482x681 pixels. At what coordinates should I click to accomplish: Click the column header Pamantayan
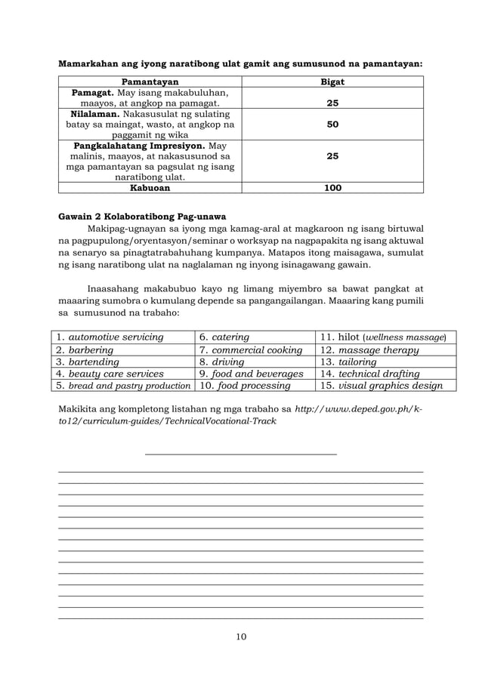click(150, 82)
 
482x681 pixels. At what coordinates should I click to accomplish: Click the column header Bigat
click(332, 82)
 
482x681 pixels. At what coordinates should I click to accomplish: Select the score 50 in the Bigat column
click(332, 124)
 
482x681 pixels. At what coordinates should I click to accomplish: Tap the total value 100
click(332, 188)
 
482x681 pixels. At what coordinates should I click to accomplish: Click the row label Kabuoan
click(150, 188)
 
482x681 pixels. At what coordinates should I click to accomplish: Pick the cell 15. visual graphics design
click(378, 386)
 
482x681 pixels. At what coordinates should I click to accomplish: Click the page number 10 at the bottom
click(241, 636)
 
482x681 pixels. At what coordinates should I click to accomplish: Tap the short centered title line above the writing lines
click(240, 454)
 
